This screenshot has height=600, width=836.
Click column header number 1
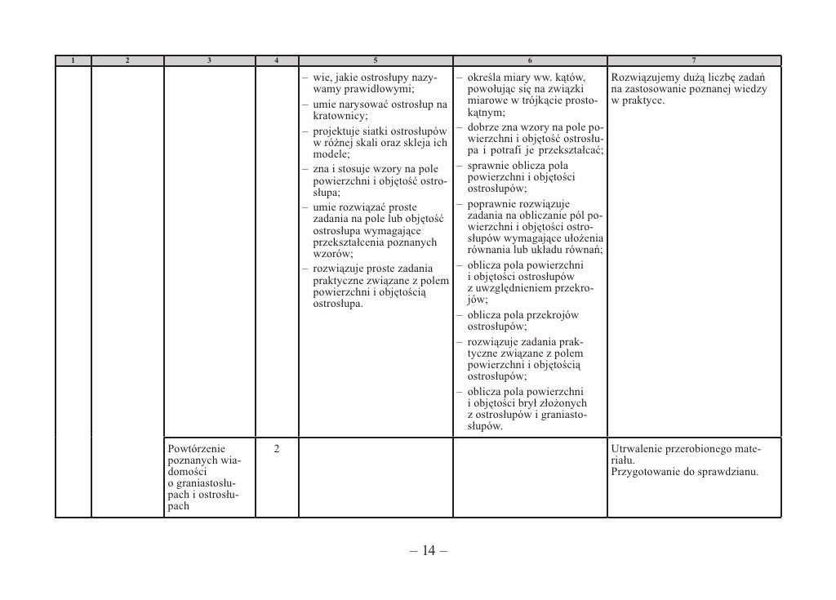point(73,60)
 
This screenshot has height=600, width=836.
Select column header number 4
point(277,60)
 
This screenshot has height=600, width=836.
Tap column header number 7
point(693,60)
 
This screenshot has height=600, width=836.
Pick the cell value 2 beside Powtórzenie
point(277,448)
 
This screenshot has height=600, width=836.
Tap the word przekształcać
point(569,151)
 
